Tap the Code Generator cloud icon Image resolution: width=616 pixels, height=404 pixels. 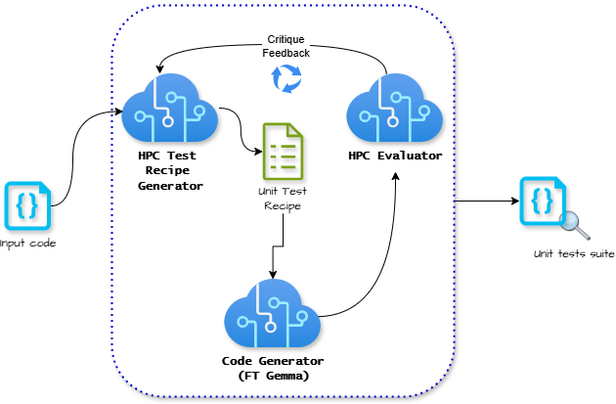[271, 315]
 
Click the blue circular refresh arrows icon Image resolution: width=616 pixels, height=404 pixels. [286, 78]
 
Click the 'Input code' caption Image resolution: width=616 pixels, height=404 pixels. [26, 243]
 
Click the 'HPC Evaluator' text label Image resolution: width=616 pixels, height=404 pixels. [395, 156]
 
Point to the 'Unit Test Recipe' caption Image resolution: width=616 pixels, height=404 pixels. [281, 198]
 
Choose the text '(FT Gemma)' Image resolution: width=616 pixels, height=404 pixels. [272, 376]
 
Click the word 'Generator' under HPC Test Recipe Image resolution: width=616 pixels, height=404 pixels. [170, 184]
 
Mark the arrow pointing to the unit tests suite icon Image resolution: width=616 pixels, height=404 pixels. [486, 202]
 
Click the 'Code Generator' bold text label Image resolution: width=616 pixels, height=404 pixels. [272, 361]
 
